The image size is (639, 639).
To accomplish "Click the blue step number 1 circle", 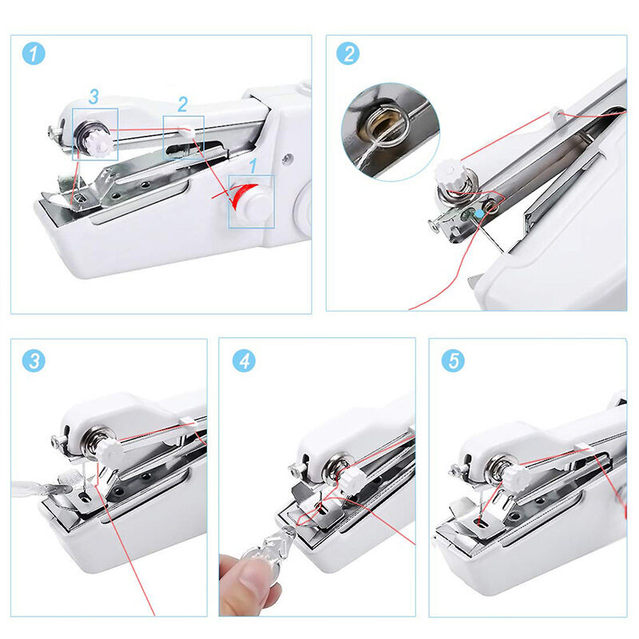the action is click(34, 54).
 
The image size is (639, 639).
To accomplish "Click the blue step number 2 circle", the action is click(347, 54).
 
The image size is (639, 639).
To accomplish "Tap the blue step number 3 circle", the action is click(34, 361).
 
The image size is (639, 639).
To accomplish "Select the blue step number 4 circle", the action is click(244, 361).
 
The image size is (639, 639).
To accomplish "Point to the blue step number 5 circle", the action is click(453, 361).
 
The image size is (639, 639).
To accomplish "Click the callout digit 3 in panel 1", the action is click(93, 97).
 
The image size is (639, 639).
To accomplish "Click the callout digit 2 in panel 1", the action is click(183, 105).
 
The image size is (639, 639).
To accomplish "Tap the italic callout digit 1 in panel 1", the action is click(253, 166).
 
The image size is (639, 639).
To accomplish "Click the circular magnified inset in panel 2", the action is click(390, 132).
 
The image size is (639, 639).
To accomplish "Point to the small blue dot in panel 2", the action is click(479, 213).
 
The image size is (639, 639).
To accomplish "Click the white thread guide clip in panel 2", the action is click(556, 113).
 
